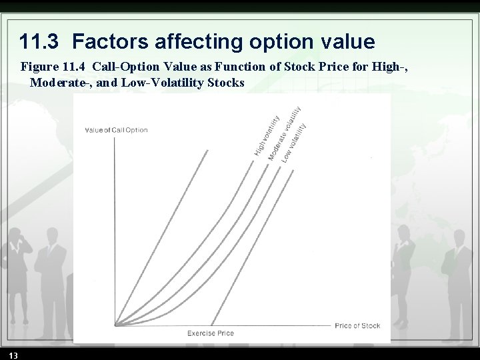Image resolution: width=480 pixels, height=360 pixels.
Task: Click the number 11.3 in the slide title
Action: [x=39, y=42]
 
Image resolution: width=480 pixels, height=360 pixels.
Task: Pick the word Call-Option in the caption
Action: [x=125, y=68]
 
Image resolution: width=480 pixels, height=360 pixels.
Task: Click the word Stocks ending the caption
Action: [x=225, y=83]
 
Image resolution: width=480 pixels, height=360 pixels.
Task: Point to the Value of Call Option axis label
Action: [x=116, y=130]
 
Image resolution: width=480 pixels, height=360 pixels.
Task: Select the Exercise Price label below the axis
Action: [x=211, y=333]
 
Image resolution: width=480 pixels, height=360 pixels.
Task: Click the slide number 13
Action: [x=14, y=353]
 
